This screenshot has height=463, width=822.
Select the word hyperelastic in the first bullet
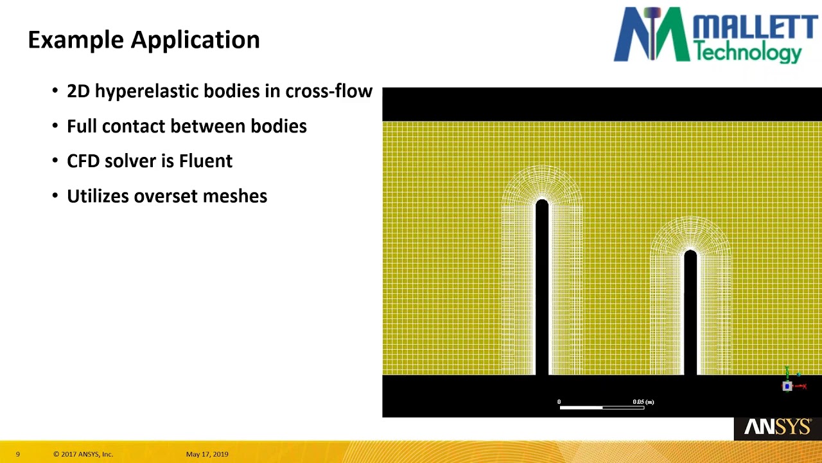[x=146, y=91]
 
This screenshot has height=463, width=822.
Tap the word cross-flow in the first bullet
[x=329, y=91]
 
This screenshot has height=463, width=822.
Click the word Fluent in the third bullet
[x=205, y=161]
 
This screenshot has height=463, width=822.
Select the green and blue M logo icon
[x=646, y=35]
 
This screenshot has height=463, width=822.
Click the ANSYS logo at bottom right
[x=778, y=427]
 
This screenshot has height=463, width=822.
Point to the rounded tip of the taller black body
[x=542, y=205]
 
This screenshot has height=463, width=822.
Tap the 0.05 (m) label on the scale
[x=643, y=402]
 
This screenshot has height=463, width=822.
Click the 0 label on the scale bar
[x=559, y=402]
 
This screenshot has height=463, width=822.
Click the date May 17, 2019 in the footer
[x=207, y=454]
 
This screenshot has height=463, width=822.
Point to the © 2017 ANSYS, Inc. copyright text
[x=83, y=454]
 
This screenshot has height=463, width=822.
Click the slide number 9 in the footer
[x=18, y=454]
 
